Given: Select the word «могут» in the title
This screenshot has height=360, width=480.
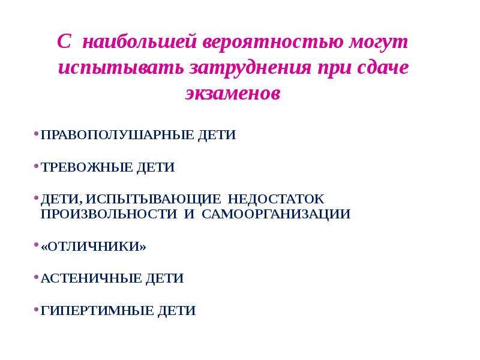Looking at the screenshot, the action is click(379, 42).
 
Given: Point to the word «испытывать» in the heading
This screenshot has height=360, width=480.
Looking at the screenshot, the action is click(121, 68).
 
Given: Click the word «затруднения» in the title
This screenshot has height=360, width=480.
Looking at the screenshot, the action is click(250, 68).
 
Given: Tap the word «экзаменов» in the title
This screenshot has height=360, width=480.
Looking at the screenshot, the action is click(233, 93).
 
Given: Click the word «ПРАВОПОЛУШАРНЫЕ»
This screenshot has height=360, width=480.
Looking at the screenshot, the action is click(117, 135).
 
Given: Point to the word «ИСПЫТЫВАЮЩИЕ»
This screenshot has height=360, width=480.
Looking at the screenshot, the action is click(153, 199).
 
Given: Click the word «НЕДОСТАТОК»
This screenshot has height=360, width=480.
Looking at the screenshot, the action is click(276, 199).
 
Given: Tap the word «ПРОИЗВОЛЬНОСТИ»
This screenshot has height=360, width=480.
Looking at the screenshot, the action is click(109, 214).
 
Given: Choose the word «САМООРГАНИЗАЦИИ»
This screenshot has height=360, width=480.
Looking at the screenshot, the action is click(276, 214).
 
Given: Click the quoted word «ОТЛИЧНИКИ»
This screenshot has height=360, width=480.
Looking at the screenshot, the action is click(94, 247).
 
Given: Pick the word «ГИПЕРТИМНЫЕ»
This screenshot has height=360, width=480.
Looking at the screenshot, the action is click(97, 311).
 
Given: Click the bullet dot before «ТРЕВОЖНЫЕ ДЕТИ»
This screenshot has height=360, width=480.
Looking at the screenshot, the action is click(36, 166).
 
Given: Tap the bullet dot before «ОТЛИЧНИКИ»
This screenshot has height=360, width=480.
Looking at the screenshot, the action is click(36, 245).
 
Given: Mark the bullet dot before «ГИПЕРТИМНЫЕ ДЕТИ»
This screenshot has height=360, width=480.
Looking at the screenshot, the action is click(36, 310).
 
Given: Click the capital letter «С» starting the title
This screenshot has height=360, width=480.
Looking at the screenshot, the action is click(64, 41).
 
